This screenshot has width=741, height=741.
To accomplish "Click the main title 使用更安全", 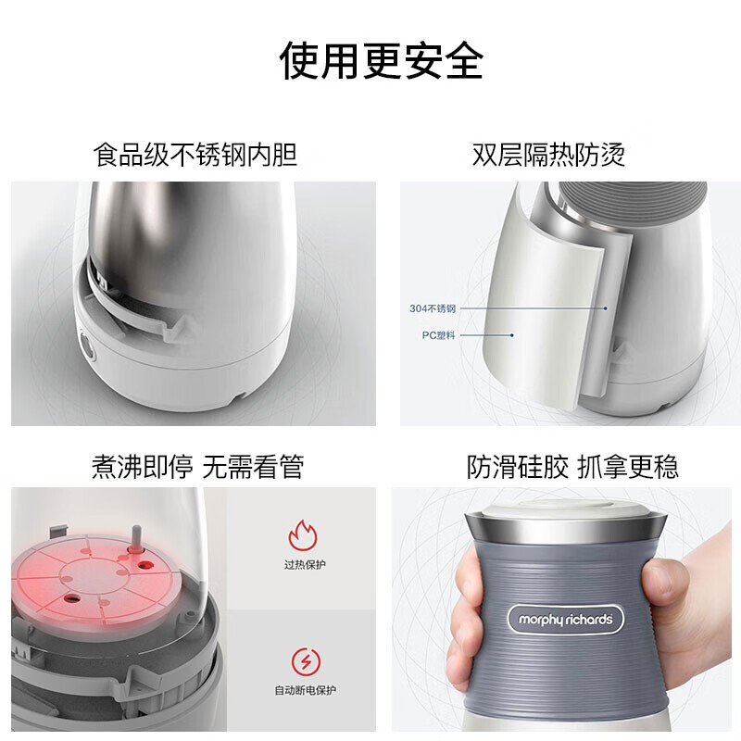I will pyautogui.click(x=382, y=61).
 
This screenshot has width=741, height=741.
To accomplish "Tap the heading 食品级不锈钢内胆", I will pyautogui.click(x=195, y=154).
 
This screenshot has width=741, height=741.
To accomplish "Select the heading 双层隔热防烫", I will pyautogui.click(x=549, y=154).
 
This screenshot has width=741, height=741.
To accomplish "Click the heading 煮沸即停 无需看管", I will pyautogui.click(x=197, y=466).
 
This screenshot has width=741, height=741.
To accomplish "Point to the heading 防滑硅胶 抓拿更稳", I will pyautogui.click(x=572, y=466).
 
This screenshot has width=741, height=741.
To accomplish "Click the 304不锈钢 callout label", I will pyautogui.click(x=433, y=308).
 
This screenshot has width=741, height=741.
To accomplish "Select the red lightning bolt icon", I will pyautogui.click(x=300, y=660).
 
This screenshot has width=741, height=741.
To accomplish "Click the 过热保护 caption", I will pyautogui.click(x=300, y=564).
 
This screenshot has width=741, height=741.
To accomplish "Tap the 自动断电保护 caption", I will pyautogui.click(x=300, y=690).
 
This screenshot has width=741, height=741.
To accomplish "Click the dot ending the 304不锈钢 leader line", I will pyautogui.click(x=606, y=308).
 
